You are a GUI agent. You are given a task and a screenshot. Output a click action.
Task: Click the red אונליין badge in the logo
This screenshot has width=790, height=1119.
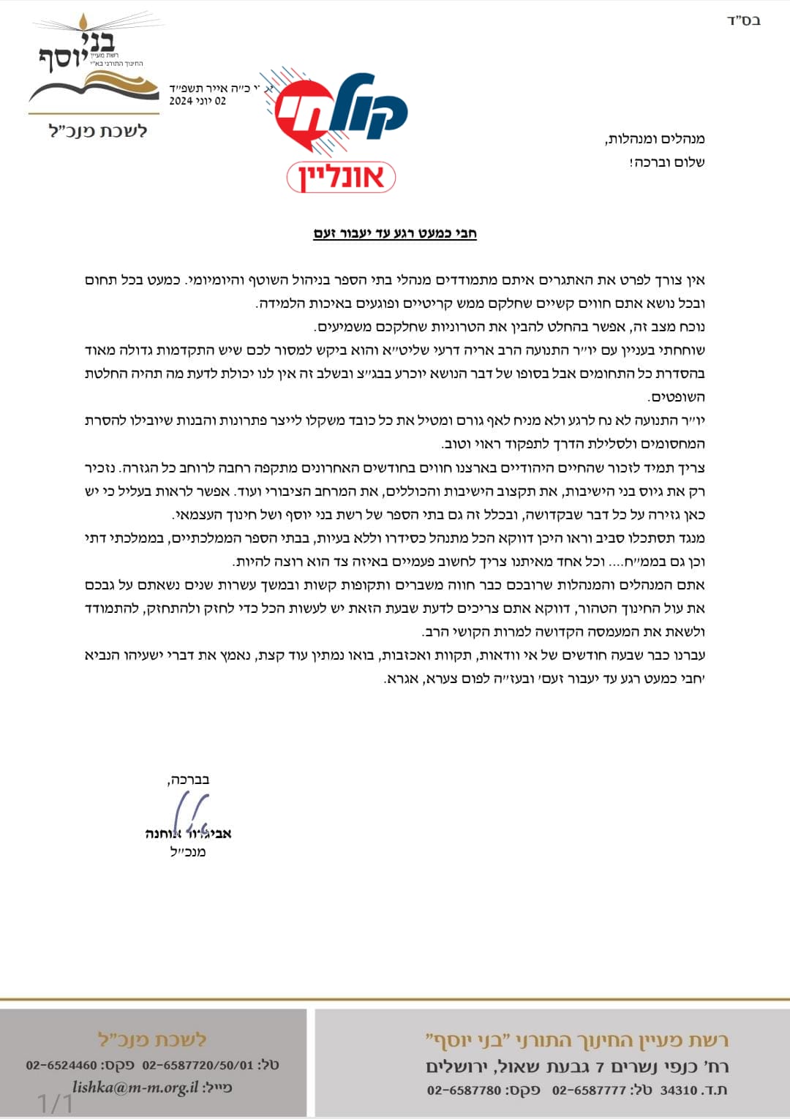341,177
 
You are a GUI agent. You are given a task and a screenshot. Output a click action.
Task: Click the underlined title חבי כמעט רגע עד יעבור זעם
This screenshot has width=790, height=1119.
395,233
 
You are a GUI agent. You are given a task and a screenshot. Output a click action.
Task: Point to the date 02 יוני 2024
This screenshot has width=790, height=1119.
197,101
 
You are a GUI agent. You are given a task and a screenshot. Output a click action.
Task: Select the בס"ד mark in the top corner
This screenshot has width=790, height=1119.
743,20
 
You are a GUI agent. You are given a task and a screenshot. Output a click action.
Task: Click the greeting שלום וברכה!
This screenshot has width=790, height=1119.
666,162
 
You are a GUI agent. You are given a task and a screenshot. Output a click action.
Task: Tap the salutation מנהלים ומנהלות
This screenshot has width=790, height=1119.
655,139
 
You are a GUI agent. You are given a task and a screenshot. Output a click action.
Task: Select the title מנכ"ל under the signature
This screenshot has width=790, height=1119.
188,852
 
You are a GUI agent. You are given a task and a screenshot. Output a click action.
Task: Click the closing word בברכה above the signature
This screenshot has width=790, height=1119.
189,780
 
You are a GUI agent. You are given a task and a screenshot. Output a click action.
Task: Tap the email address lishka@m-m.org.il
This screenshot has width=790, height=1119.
135,1088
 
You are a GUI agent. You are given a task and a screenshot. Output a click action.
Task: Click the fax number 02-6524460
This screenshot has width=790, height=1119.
61,1065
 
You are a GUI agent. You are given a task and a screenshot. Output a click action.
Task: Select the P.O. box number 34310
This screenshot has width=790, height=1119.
679,1090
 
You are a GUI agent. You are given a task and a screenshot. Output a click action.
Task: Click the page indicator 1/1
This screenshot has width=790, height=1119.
55,1103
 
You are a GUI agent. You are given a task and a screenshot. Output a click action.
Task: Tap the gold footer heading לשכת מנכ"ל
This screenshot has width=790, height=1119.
152,1039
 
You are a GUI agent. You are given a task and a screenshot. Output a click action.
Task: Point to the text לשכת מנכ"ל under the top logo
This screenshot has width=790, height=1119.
98,132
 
